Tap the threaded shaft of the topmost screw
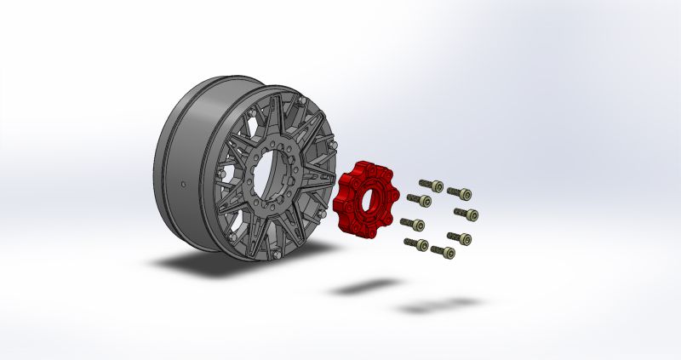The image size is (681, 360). click(x=425, y=184)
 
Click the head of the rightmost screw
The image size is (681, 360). click(x=472, y=213)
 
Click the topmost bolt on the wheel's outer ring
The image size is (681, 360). click(x=300, y=100)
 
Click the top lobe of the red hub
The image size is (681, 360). click(x=362, y=165)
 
